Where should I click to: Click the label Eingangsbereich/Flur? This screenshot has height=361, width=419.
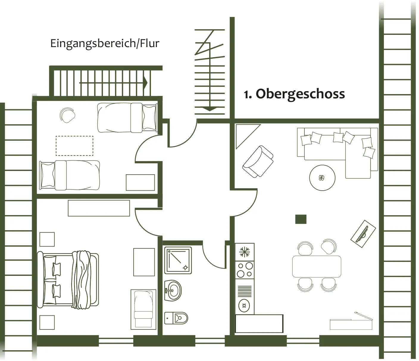point(105,43)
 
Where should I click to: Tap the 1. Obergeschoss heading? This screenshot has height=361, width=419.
point(294,94)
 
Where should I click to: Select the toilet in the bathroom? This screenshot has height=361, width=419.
point(176,318)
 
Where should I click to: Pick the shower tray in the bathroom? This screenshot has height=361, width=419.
point(178,260)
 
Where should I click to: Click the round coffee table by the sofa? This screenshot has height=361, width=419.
point(322,178)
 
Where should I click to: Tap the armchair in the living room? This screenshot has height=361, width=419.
point(258,162)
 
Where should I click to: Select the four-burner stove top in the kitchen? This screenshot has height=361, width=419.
point(245,270)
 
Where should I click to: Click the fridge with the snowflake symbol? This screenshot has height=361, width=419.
point(245,252)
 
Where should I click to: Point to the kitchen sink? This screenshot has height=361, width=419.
point(244,305)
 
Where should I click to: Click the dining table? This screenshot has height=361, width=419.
point(317,267)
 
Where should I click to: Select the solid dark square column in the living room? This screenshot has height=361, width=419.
point(301,219)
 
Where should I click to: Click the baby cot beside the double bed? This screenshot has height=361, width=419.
point(143,309)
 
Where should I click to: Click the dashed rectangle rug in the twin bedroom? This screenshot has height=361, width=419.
point(74,146)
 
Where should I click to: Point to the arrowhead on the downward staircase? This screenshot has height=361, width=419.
point(210,109)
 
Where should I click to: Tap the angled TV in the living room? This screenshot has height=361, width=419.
point(363,232)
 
